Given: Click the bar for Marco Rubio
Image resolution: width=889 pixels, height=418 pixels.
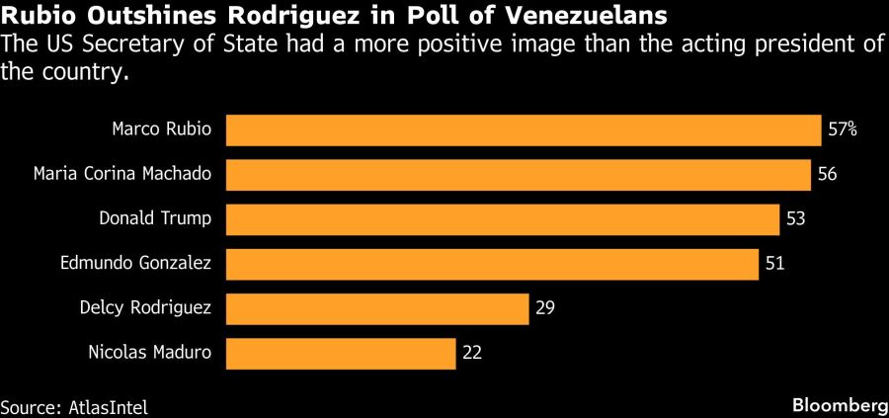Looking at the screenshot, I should pos(524,130).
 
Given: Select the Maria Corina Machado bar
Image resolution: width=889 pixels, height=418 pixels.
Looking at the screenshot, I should pos(519,175).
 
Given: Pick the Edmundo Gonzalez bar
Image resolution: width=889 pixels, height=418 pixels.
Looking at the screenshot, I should pos(493,264).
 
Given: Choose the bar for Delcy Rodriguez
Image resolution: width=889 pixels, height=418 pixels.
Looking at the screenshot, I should pos(377,308).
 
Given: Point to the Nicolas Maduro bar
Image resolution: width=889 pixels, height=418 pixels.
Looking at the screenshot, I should pos(341,353).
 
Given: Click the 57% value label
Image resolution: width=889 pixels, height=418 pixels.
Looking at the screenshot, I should pos(843,130).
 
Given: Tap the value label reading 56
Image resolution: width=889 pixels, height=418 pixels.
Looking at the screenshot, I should pos(828,175).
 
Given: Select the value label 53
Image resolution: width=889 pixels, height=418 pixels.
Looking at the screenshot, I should pos(796,219).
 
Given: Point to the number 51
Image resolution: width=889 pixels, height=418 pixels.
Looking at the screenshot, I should pos(775,264).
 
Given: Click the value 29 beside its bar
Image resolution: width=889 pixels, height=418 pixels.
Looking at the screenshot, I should pos(544,308).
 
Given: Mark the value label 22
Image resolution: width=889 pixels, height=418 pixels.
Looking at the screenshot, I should pos(471,353).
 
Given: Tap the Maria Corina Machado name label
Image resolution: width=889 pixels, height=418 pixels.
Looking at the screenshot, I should pos(121,174).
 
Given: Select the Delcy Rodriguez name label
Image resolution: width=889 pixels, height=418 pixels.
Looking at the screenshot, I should pos(145,307).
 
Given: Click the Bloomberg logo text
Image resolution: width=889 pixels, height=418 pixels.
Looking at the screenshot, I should pos(839,406).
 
